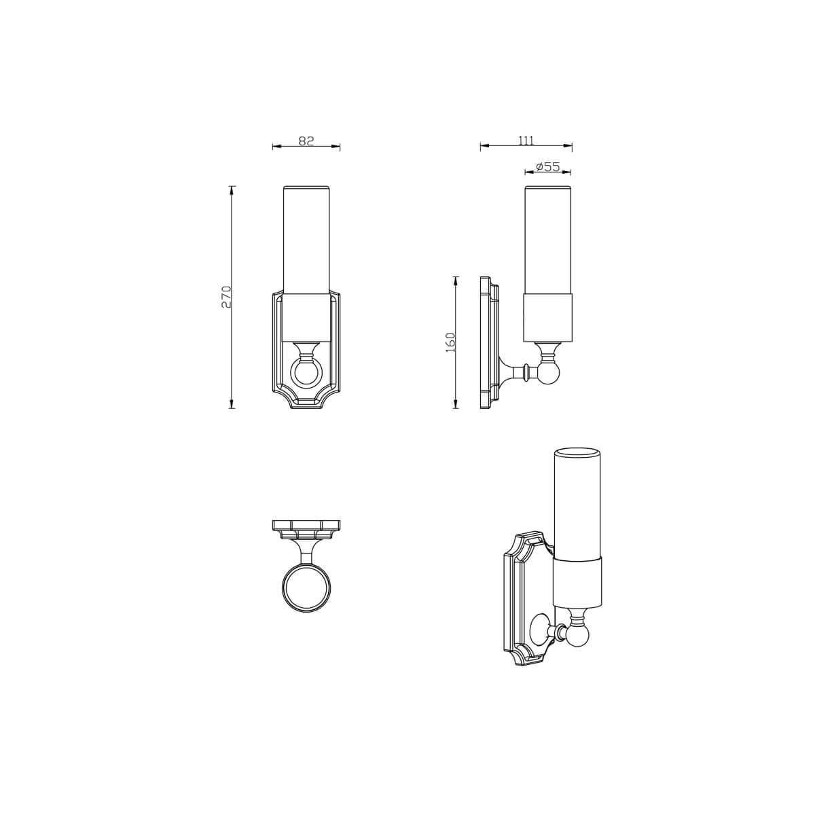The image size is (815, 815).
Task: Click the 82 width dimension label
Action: click(306, 141)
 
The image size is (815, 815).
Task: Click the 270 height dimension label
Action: click(227, 297)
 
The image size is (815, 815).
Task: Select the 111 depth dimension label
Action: click(526, 141)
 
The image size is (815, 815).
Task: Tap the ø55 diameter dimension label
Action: click(547, 166)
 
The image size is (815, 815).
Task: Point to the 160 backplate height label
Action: click(450, 342)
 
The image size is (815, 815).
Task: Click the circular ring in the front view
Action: click(306, 373)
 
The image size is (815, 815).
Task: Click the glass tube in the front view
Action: click(306, 238)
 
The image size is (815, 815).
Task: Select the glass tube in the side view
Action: click(549, 238)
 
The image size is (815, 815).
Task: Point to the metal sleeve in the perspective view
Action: click(578, 581)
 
